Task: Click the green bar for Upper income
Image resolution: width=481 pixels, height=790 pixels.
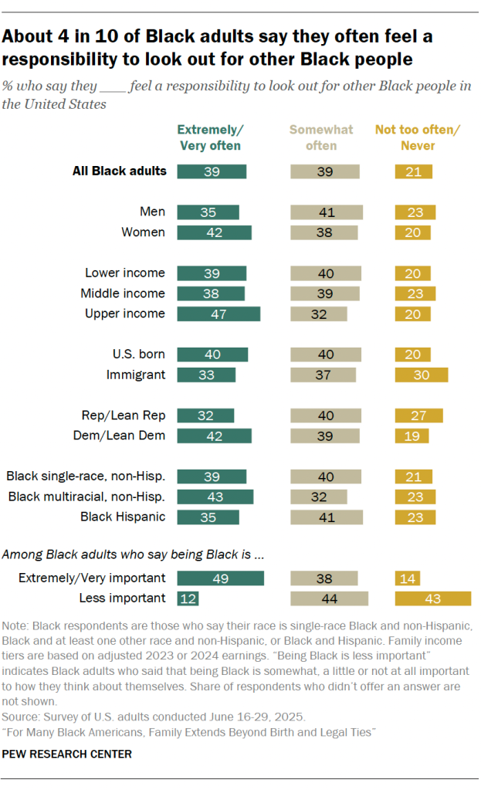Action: (x=218, y=314)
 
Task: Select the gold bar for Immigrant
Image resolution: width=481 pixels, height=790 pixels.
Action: (x=421, y=375)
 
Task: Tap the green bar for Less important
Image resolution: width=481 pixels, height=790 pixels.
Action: (x=188, y=598)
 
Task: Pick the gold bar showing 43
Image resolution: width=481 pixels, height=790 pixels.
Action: (x=432, y=598)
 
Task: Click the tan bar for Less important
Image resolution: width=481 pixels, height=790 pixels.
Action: (x=329, y=598)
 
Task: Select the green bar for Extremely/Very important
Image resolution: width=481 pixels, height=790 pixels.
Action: (x=221, y=578)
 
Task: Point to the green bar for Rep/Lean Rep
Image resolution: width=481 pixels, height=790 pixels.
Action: (x=205, y=415)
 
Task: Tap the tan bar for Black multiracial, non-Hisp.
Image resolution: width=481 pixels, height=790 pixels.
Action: (x=319, y=497)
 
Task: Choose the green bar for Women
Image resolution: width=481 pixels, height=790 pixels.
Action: (x=214, y=232)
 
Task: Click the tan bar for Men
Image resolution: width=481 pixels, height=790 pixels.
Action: (x=327, y=212)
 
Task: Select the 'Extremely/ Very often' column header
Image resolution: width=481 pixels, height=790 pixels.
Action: (x=210, y=137)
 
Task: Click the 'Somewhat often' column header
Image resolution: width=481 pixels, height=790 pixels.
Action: (x=321, y=137)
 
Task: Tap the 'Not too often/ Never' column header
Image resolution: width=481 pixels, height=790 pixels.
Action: (x=417, y=137)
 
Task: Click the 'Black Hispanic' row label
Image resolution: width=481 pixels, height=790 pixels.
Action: (x=123, y=517)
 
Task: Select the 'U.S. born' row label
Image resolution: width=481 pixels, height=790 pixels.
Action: (x=138, y=354)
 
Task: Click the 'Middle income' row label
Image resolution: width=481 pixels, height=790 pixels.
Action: (x=123, y=293)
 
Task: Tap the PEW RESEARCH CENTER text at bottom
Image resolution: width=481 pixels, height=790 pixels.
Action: (x=67, y=754)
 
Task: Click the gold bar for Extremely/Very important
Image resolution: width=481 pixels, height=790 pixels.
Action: (x=407, y=578)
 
